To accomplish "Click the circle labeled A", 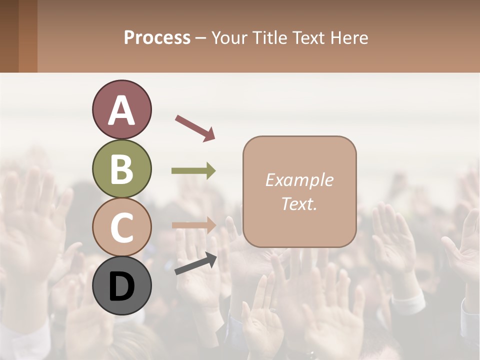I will [x=122, y=109].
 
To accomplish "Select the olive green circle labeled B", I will [x=122, y=168].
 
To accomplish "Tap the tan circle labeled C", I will [x=122, y=227].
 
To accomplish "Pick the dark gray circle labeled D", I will [x=122, y=285].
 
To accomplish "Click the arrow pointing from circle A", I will [x=195, y=127].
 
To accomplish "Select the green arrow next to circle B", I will [x=193, y=171].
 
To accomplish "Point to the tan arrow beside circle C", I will [x=194, y=225].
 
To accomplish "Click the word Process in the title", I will [x=157, y=38].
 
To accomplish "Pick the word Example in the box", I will [x=299, y=180].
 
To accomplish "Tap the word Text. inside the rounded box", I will [x=299, y=203].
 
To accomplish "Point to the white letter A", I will [x=122, y=110].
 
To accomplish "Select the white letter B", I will [x=122, y=169].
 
